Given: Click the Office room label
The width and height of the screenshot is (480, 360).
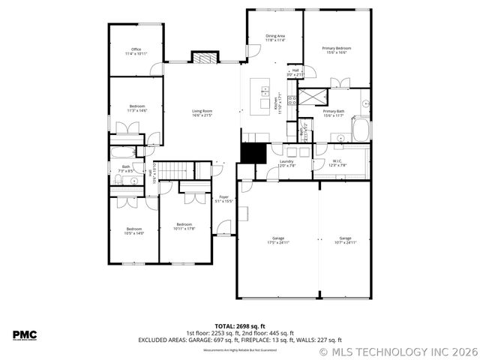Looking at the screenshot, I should click(x=136, y=52).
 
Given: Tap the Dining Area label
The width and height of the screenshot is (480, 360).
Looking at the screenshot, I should click(x=275, y=37).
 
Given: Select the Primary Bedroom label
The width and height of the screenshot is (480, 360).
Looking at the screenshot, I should click(x=336, y=50).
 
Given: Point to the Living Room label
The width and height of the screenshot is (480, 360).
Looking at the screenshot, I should click(x=202, y=113).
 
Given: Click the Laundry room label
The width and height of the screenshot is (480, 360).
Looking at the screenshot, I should click(x=286, y=163).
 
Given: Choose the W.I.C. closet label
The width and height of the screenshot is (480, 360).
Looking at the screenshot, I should click(x=337, y=163).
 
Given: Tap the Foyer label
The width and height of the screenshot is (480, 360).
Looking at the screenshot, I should click(x=224, y=199).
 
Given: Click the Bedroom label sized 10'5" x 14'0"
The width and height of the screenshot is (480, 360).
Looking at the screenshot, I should click(x=134, y=231).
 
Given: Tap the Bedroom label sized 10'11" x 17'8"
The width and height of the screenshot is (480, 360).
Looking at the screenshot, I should click(x=184, y=226).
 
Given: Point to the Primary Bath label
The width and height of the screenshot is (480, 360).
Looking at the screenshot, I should click(x=333, y=113).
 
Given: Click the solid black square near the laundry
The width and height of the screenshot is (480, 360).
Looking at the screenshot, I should click(x=253, y=152).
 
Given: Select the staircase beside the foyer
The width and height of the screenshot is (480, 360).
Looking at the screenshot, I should click(x=175, y=172).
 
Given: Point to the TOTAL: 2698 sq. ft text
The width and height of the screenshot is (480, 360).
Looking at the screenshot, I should click(x=239, y=327).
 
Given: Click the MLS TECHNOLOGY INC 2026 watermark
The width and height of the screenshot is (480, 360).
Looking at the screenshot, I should click(x=398, y=351).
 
